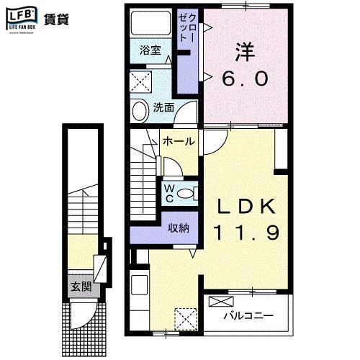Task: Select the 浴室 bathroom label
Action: (150, 51)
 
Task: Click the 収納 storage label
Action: (179, 228)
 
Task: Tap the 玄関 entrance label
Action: (80, 287)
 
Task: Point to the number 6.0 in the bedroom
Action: (245, 77)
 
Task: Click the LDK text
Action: (247, 207)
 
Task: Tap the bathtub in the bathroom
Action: (150, 25)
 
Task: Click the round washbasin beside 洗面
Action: (140, 109)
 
